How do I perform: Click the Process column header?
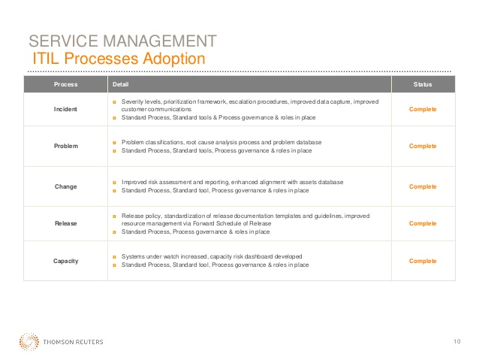[65, 84]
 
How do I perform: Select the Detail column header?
[120, 84]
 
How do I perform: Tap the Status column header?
[423, 84]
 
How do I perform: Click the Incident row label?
[65, 109]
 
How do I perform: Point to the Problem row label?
[66, 147]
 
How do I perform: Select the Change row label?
[65, 186]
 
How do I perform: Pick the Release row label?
[65, 223]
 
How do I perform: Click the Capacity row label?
[65, 261]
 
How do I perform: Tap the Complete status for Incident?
[423, 109]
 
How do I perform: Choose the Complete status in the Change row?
[423, 186]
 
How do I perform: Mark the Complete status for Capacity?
[423, 261]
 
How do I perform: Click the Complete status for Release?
[423, 223]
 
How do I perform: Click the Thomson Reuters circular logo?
[29, 342]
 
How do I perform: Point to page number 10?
[457, 341]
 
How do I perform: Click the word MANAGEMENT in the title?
[160, 41]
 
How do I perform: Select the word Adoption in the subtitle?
[174, 59]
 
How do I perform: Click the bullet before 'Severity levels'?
[114, 102]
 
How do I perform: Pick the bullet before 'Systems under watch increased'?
[114, 257]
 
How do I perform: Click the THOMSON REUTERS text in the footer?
[73, 342]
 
